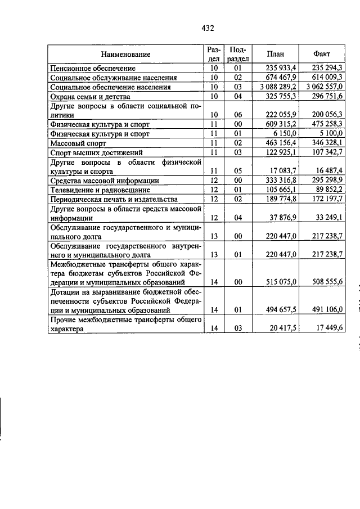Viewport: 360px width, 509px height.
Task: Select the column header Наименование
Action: click(126, 54)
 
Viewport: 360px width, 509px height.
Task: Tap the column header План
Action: click(275, 54)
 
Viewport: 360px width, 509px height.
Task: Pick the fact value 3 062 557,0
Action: click(325, 87)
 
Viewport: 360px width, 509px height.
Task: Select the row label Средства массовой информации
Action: click(104, 181)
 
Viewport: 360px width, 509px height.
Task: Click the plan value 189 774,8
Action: click(282, 200)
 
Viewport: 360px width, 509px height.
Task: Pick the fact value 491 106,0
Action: click(328, 309)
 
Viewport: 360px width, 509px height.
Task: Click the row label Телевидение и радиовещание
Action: click(100, 190)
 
